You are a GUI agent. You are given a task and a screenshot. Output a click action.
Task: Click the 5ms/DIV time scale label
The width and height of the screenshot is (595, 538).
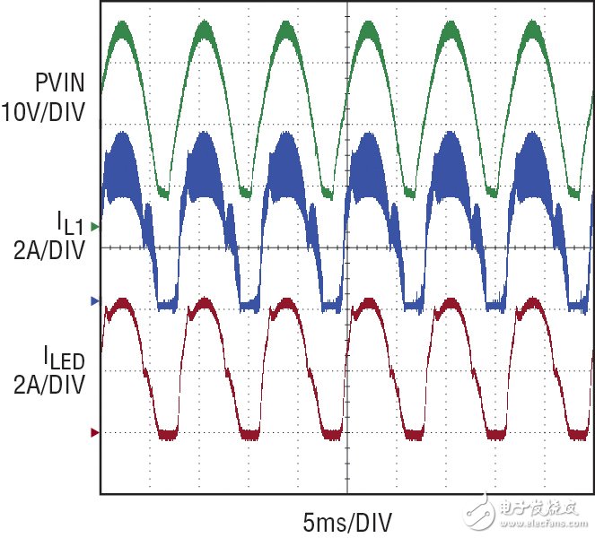346,520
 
